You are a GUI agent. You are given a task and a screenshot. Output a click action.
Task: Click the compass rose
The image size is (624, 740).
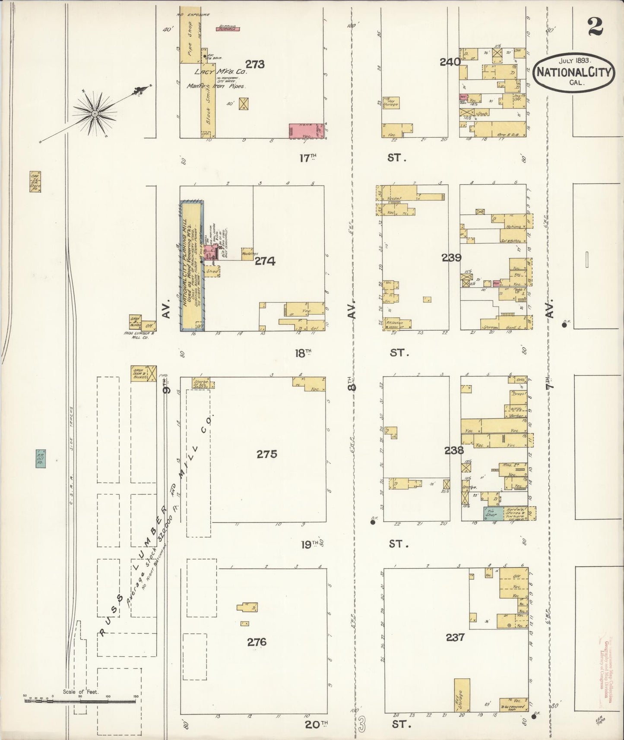pyautogui.click(x=94, y=113)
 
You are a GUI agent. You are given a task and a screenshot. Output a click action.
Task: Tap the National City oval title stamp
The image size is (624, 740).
pyautogui.click(x=575, y=72)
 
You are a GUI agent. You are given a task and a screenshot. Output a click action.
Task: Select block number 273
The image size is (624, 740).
pyautogui.click(x=255, y=64)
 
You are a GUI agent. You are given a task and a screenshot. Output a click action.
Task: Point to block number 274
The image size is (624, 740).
pyautogui.click(x=265, y=261)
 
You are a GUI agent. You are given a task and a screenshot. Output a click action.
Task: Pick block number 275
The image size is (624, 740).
pyautogui.click(x=266, y=454)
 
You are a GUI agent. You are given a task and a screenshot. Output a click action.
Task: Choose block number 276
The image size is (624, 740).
pyautogui.click(x=257, y=642)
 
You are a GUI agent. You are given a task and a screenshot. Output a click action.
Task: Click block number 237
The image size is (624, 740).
pyautogui.click(x=455, y=637)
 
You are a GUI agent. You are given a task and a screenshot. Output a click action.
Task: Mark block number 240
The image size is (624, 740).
pyautogui.click(x=450, y=62)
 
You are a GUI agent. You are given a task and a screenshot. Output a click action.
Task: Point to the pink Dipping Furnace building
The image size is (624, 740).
pyautogui.click(x=228, y=29)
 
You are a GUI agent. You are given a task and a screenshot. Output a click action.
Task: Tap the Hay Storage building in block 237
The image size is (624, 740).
pyautogui.click(x=462, y=695)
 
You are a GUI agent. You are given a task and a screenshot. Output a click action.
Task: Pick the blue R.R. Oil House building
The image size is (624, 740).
pyautogui.click(x=41, y=458)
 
